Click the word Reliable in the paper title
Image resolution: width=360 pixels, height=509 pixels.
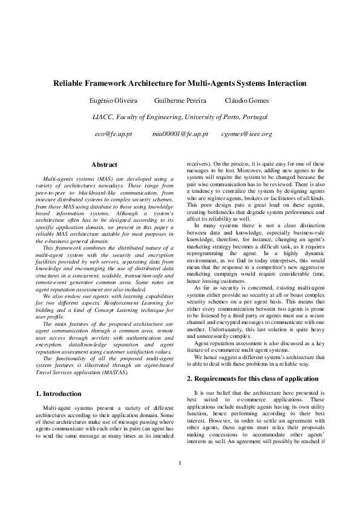pyautogui.click(x=70, y=83)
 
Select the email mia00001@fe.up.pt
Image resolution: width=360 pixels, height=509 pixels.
pyautogui.click(x=180, y=133)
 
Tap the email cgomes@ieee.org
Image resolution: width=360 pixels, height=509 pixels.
pyautogui.click(x=246, y=133)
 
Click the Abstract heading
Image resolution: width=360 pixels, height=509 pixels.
pyautogui.click(x=104, y=164)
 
